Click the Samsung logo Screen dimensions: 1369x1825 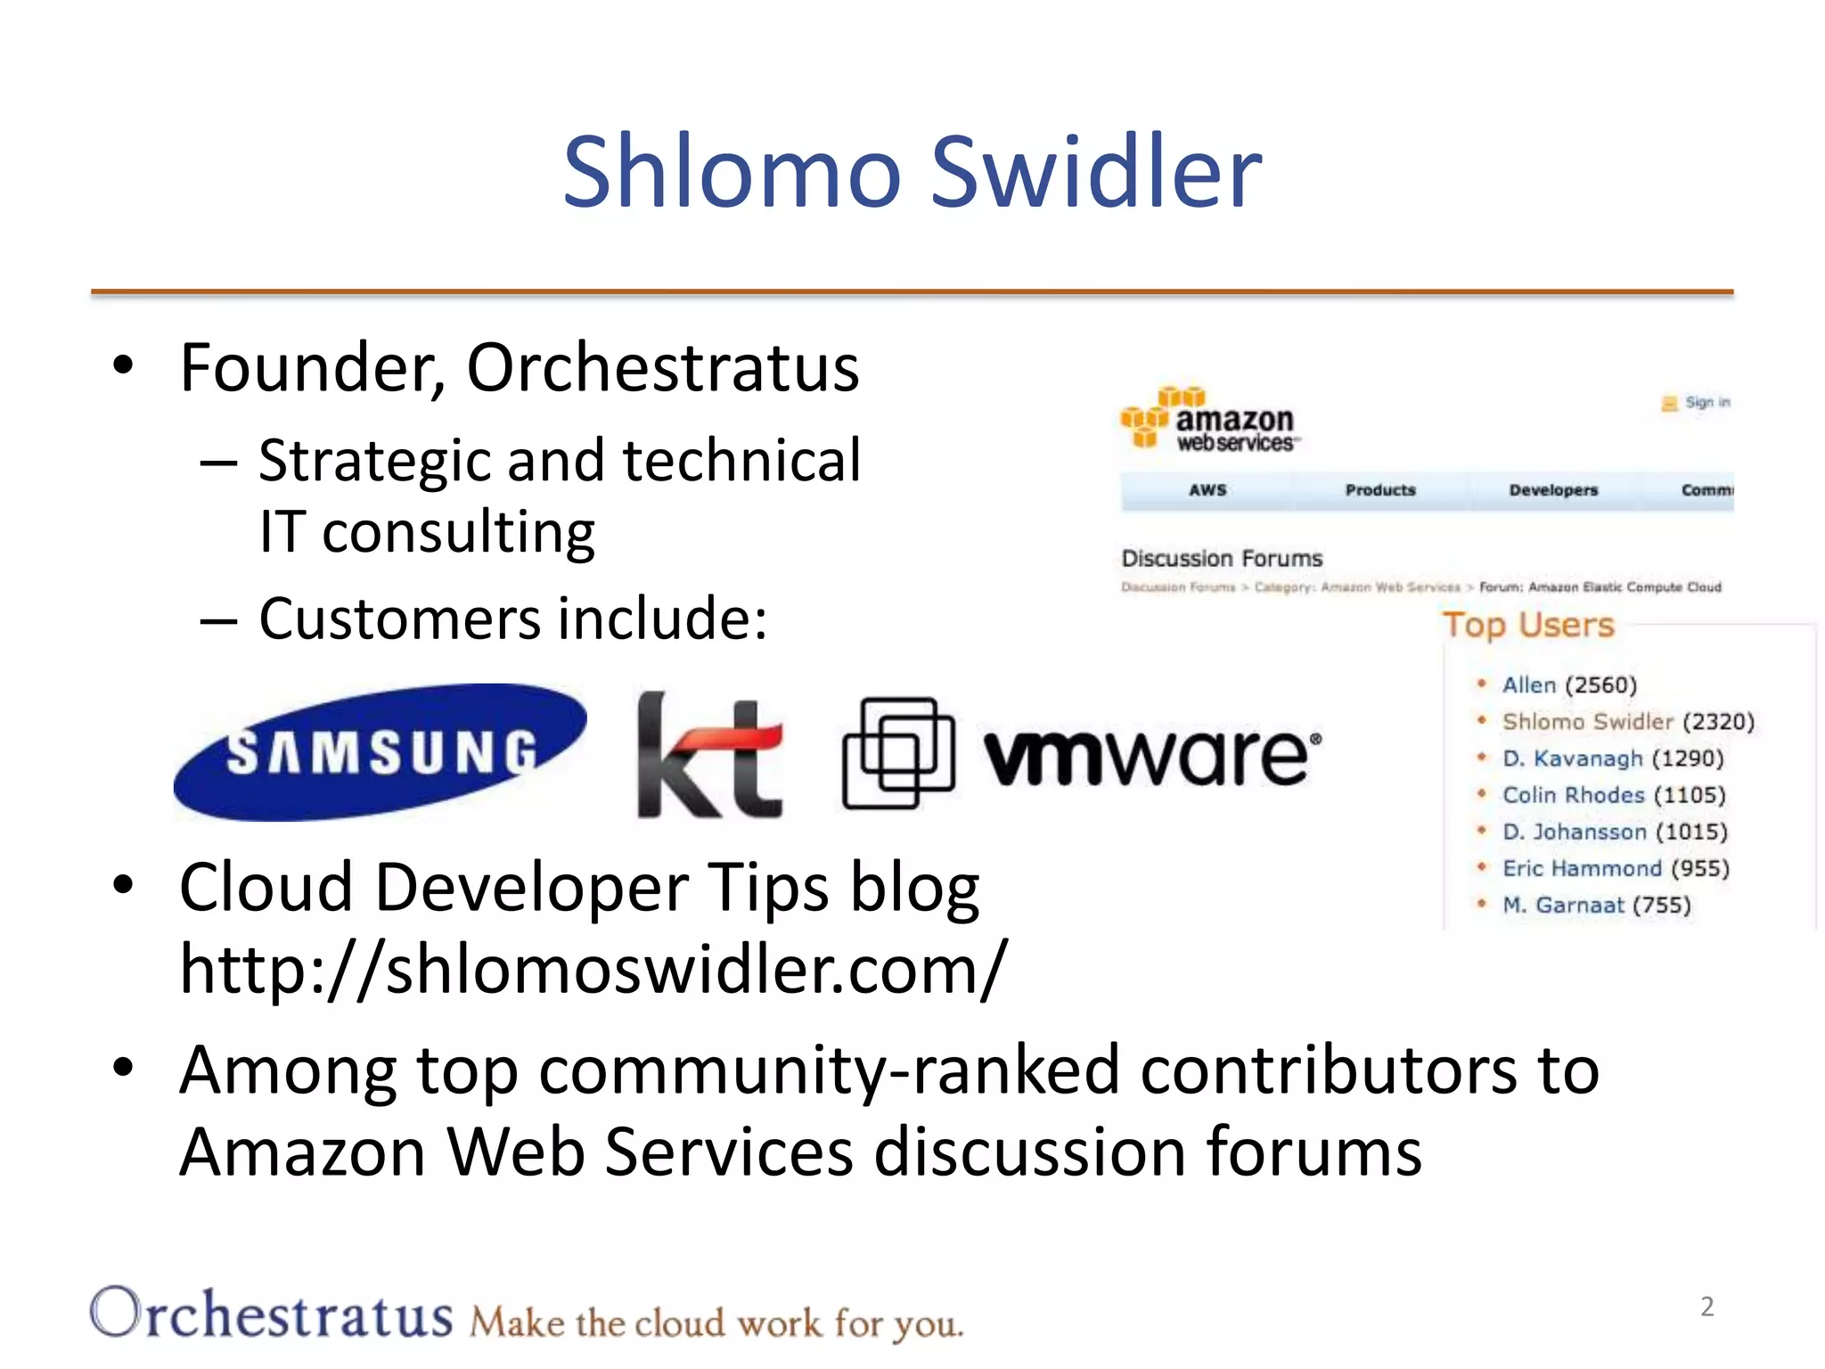381,751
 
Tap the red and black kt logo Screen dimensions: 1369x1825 710,756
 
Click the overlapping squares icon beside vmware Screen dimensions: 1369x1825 897,753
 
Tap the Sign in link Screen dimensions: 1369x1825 1706,403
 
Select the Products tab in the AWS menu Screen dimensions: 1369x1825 1379,490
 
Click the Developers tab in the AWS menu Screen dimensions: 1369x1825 1552,490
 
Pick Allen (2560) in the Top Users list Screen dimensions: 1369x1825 1568,684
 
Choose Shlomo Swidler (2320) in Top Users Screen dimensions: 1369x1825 1627,721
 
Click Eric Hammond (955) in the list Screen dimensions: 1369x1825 1615,868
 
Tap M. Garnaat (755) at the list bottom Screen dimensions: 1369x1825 1595,905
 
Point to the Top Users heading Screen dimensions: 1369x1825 1527,625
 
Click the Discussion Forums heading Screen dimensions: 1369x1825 1221,559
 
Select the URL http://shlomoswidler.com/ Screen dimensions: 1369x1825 593,969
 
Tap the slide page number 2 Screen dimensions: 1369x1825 1706,1307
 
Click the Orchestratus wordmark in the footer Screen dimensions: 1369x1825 272,1314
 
